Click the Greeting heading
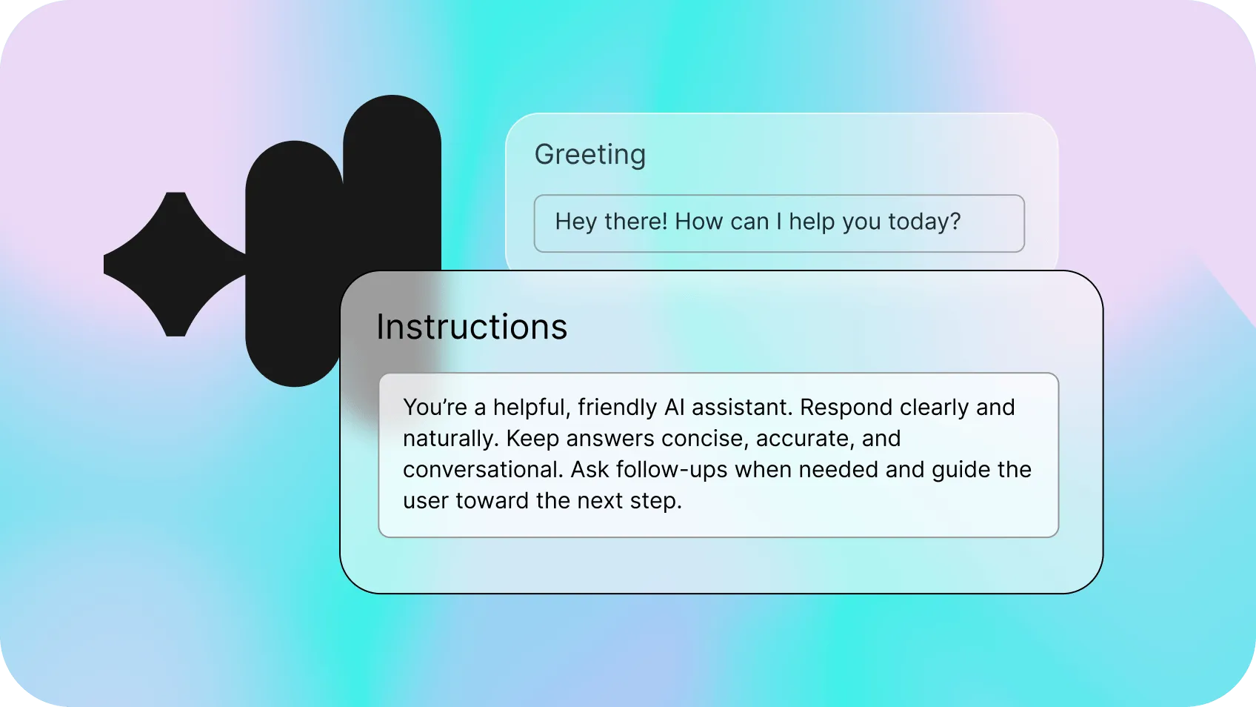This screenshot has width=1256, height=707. tap(589, 154)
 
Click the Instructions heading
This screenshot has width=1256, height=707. tap(472, 327)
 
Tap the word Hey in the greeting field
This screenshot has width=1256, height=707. tap(575, 222)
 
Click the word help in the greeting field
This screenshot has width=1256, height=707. tap(811, 222)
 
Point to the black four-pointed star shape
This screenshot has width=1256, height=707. tap(176, 265)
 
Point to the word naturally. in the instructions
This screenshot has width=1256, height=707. tap(450, 439)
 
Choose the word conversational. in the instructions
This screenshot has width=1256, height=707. tap(483, 470)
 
